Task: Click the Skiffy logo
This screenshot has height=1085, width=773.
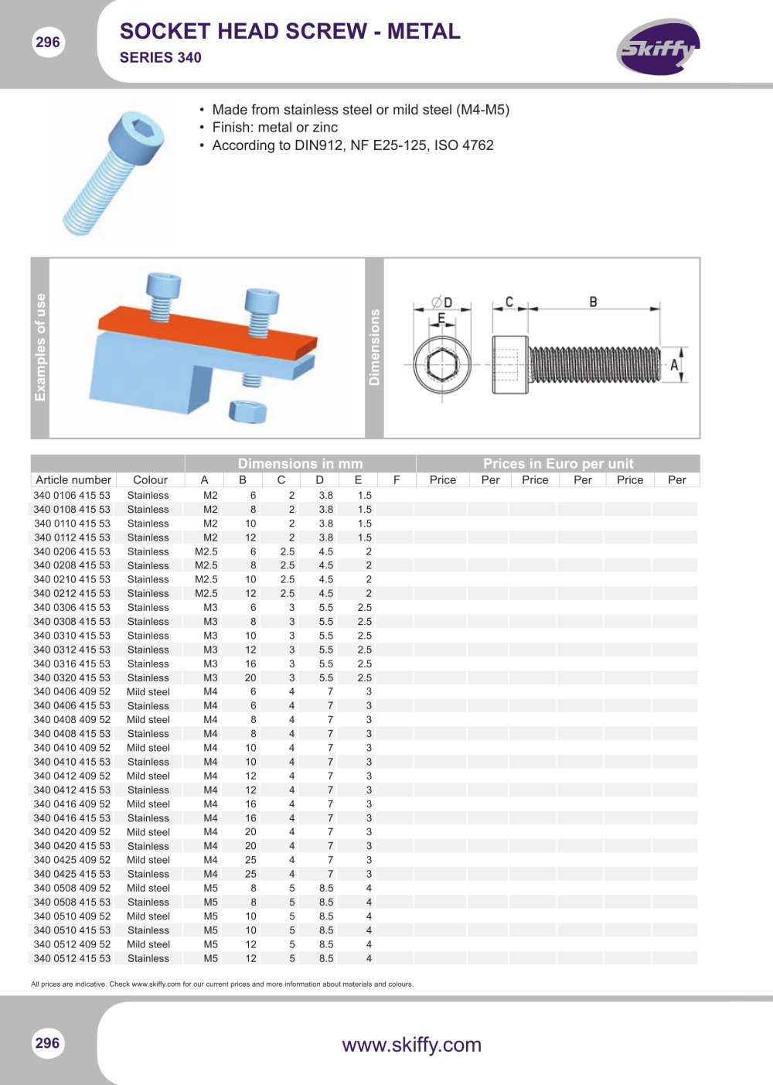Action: point(658,47)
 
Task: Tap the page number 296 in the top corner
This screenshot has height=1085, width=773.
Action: point(47,42)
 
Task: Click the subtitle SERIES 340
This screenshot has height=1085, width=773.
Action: point(160,58)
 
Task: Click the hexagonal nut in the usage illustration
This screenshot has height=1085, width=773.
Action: point(247,411)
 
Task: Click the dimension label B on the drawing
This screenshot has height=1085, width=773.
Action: point(593,302)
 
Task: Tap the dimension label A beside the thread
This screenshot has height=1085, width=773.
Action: point(674,365)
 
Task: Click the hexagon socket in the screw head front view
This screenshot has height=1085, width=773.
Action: point(441,364)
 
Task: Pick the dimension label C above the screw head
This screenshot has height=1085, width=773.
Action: point(509,302)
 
